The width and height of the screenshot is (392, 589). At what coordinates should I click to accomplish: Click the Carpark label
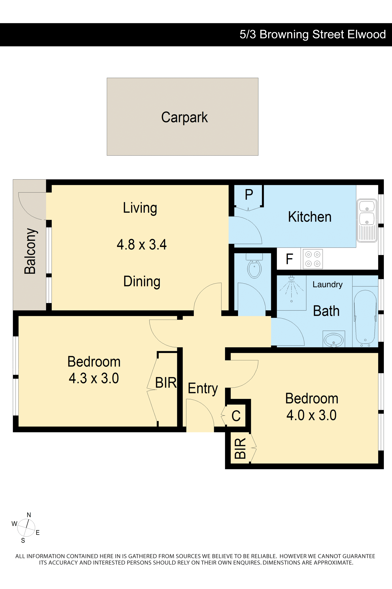coord(185,117)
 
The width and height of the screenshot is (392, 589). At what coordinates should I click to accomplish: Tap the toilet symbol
coord(254,266)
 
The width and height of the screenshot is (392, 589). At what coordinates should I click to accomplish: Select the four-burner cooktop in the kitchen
coord(313,259)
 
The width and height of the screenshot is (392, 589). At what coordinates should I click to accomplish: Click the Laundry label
coord(327,285)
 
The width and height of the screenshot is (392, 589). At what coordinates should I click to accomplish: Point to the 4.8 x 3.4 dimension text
coord(141,244)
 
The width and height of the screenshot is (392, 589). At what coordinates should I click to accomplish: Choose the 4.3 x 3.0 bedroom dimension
coord(94,378)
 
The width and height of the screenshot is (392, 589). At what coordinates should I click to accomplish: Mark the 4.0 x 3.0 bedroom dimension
coord(312,415)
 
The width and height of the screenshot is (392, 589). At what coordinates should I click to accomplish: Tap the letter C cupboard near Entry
coord(236,416)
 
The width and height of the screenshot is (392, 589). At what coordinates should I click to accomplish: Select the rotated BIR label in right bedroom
coord(240,448)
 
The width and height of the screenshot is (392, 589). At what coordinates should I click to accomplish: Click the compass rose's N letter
coord(29,515)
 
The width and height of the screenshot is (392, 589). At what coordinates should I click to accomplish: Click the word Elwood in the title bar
coord(366,34)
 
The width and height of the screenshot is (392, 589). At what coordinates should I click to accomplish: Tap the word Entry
coord(203,389)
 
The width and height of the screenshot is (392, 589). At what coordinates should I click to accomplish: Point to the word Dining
coord(142,281)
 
